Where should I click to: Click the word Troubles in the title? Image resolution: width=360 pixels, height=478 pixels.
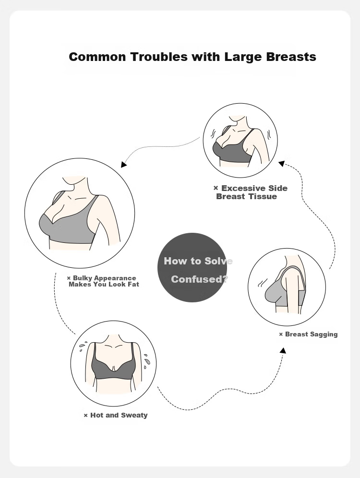tap(159, 57)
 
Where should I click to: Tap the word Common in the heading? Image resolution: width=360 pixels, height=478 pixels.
tap(97, 57)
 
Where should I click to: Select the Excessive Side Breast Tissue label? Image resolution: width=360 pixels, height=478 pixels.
tap(250, 192)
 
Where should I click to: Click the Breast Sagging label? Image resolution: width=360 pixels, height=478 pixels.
tap(308, 335)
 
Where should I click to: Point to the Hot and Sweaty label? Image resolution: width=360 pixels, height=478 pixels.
tap(116, 415)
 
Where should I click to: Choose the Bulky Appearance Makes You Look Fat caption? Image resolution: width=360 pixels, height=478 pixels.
tap(103, 281)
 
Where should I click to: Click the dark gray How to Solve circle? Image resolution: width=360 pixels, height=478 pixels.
tap(192, 268)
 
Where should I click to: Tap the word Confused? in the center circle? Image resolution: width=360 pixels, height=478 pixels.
tap(199, 279)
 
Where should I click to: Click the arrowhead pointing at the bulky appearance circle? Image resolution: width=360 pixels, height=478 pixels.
tap(123, 164)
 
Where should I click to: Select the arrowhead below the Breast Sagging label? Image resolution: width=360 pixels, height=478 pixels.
tap(283, 350)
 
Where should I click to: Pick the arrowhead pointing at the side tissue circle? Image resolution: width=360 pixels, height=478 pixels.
tap(281, 164)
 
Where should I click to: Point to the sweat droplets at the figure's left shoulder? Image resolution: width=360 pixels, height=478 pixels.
tap(82, 347)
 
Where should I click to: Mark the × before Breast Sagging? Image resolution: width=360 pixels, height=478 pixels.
tap(281, 335)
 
